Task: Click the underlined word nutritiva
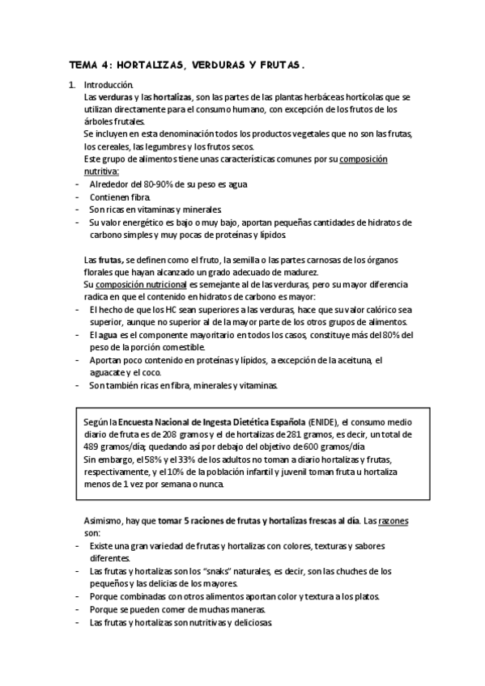click(101, 171)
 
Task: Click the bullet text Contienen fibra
click(120, 197)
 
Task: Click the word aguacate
click(110, 372)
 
